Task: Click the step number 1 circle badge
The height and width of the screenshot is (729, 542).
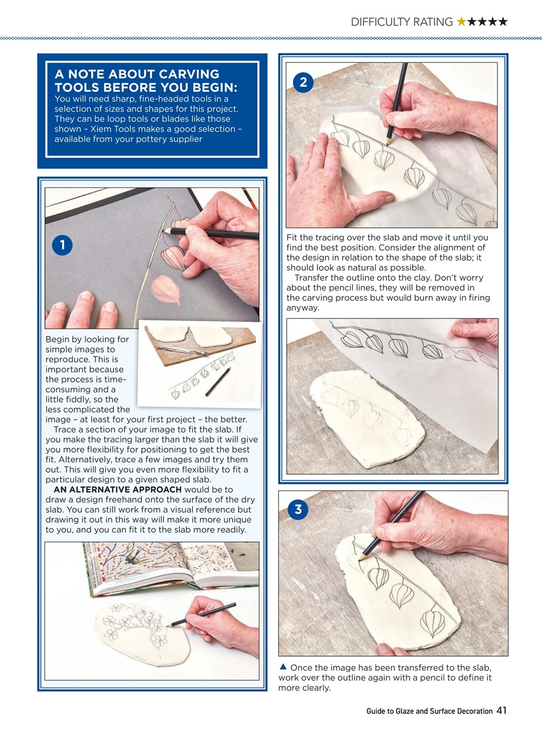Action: [x=62, y=245]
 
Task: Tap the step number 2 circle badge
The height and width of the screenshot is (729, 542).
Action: [x=303, y=83]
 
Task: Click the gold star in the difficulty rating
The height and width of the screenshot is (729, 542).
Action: [x=461, y=22]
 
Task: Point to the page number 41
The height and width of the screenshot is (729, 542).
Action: [x=502, y=710]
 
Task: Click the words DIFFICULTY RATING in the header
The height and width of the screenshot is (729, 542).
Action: [x=401, y=22]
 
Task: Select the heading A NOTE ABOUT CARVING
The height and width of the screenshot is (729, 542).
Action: [x=137, y=74]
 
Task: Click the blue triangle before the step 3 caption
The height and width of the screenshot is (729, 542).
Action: [x=283, y=666]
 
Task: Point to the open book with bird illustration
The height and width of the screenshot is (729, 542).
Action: [x=171, y=567]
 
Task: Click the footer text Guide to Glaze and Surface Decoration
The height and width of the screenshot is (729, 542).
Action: [x=429, y=711]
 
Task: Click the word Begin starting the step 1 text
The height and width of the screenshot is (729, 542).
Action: [x=58, y=339]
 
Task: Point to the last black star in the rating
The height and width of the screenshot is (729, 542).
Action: [x=502, y=22]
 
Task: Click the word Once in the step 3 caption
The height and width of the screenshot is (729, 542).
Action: [x=301, y=667]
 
